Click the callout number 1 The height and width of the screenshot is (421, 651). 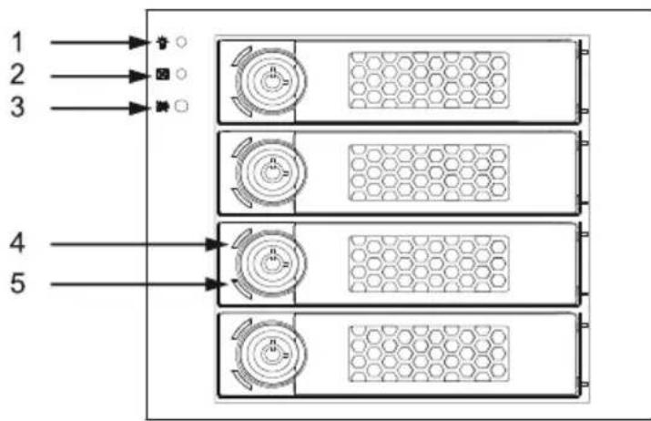[x=17, y=42]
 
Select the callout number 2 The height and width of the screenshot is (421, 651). [x=17, y=75]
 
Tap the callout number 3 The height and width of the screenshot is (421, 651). [x=17, y=108]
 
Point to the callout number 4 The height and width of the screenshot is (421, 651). [x=17, y=243]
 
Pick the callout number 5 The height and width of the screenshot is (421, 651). [x=17, y=283]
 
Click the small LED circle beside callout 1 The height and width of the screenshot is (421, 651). [x=181, y=42]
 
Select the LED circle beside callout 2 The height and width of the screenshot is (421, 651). [x=181, y=74]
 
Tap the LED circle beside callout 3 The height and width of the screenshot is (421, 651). [x=181, y=107]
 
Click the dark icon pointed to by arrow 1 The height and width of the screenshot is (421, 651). [x=162, y=43]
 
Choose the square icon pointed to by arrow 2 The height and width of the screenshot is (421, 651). [x=162, y=75]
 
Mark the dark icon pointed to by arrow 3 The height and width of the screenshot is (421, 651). [x=162, y=107]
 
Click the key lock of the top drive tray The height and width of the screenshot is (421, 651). [x=271, y=81]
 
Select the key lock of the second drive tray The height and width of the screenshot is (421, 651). [x=271, y=172]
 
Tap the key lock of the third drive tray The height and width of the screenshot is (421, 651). [x=271, y=263]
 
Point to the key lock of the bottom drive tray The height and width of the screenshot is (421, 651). [x=271, y=354]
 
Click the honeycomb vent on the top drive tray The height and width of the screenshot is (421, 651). [x=429, y=80]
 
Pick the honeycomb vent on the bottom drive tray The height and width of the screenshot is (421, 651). [x=429, y=354]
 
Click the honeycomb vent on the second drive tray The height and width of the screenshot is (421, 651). [x=429, y=172]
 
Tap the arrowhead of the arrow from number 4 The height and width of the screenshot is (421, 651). [x=218, y=244]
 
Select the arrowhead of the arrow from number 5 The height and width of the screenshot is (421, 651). [x=218, y=284]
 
